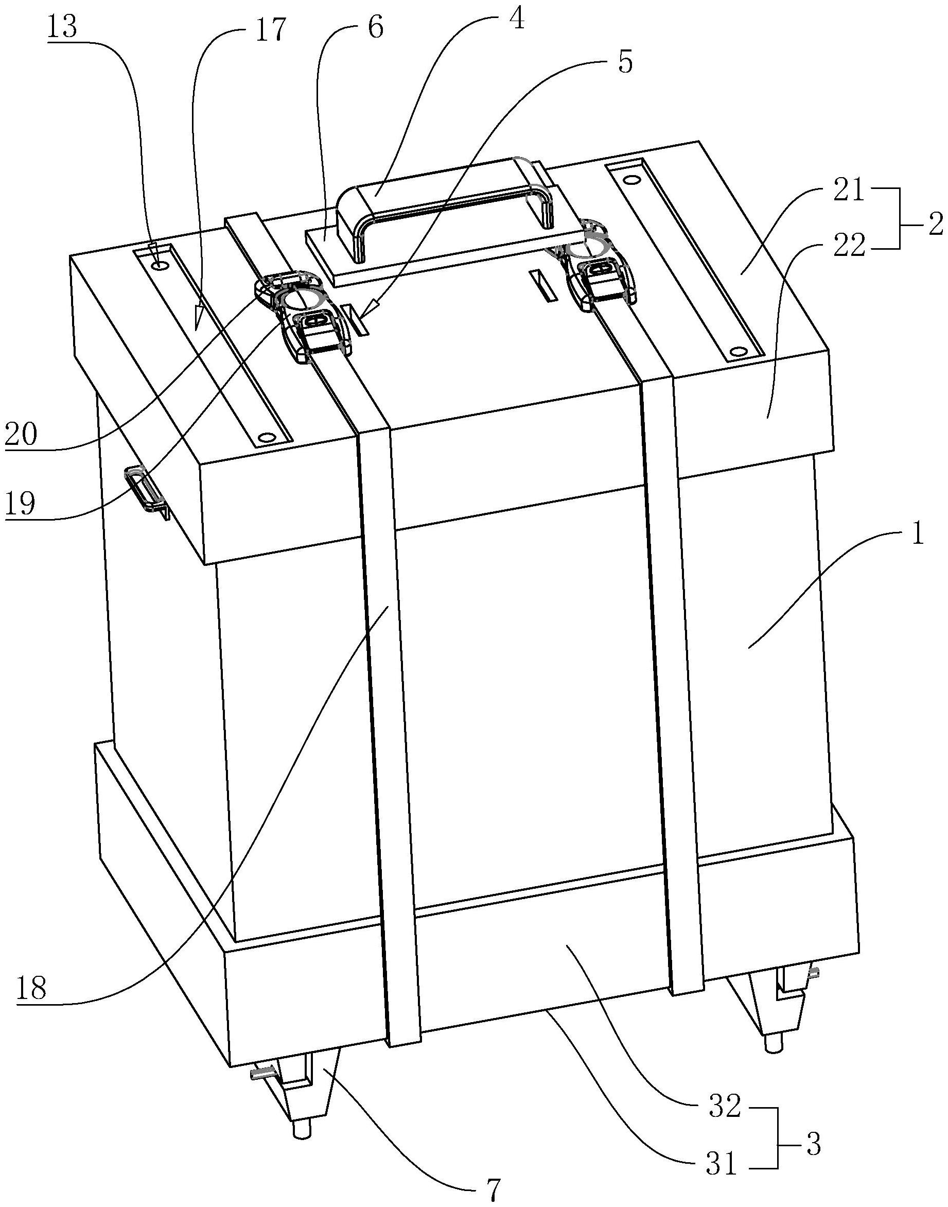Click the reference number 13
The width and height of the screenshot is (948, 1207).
(62, 28)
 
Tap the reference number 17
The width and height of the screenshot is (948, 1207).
(270, 31)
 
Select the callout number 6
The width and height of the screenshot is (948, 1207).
(375, 28)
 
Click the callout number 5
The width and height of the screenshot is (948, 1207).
(624, 63)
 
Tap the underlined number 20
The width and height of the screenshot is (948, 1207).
(21, 434)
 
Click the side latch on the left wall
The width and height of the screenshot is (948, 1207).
(146, 489)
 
